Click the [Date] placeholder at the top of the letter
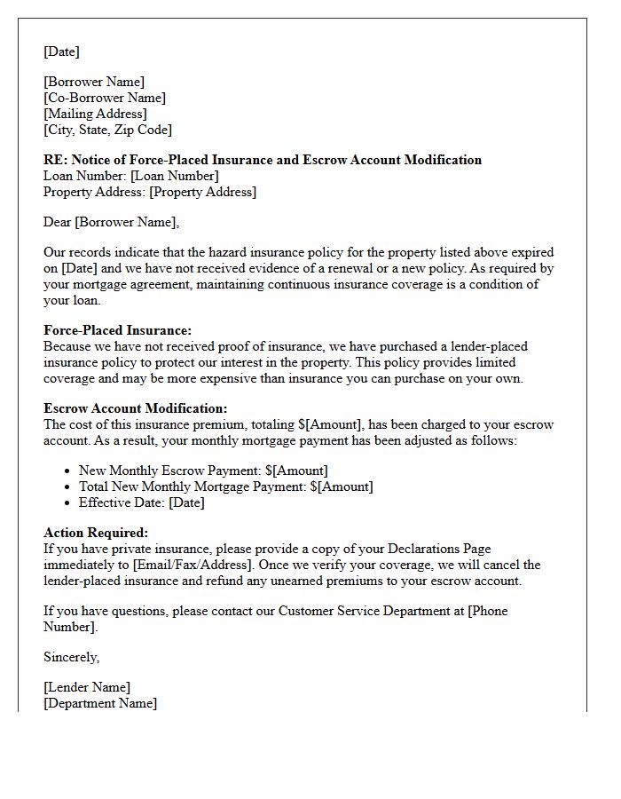pyautogui.click(x=61, y=51)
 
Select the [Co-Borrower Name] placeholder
pyautogui.click(x=105, y=98)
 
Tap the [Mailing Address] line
pyautogui.click(x=95, y=114)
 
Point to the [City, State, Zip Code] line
pyautogui.click(x=107, y=130)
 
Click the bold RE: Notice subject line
pyautogui.click(x=263, y=160)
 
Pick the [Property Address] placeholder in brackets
pyautogui.click(x=202, y=192)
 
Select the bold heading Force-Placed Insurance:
pyautogui.click(x=117, y=330)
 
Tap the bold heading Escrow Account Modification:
pyautogui.click(x=135, y=408)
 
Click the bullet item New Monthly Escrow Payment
pyautogui.click(x=203, y=471)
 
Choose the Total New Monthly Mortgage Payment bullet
pyautogui.click(x=225, y=487)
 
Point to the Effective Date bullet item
pyautogui.click(x=142, y=502)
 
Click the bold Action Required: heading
pyautogui.click(x=96, y=533)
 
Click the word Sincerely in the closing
pyautogui.click(x=71, y=657)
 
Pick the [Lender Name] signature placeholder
pyautogui.click(x=87, y=687)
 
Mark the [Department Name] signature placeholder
pyautogui.click(x=100, y=703)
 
